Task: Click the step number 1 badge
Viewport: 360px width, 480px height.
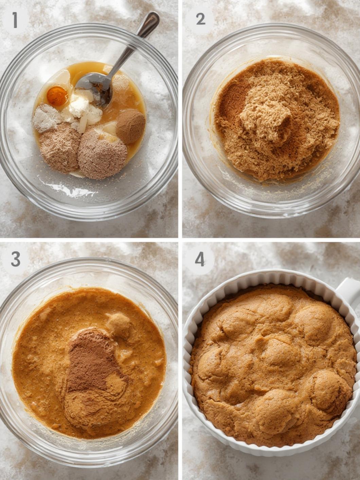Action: click(x=15, y=20)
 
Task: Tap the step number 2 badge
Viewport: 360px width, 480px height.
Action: click(x=200, y=19)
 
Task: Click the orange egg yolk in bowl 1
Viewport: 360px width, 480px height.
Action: click(x=57, y=96)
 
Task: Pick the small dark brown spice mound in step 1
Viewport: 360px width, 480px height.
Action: click(x=131, y=126)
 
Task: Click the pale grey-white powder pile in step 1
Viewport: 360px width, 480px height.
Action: click(x=46, y=118)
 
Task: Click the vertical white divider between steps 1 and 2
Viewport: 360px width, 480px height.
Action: click(x=180, y=118)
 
